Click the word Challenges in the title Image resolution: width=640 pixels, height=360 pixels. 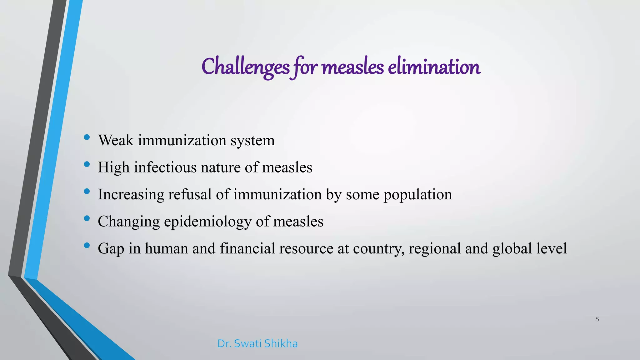[x=246, y=67]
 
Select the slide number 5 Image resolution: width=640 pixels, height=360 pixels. [x=597, y=319]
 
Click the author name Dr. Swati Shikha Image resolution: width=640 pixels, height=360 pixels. [x=257, y=343]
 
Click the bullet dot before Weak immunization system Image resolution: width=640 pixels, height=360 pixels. [x=87, y=137]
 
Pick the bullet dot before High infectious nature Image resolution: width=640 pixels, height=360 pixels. [x=87, y=164]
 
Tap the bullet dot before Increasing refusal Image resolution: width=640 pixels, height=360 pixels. [x=87, y=191]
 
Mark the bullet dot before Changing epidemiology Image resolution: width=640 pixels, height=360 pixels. [x=87, y=218]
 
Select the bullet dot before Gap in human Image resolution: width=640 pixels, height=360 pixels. [x=87, y=245]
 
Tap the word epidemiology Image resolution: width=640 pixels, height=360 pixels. [x=207, y=222]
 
